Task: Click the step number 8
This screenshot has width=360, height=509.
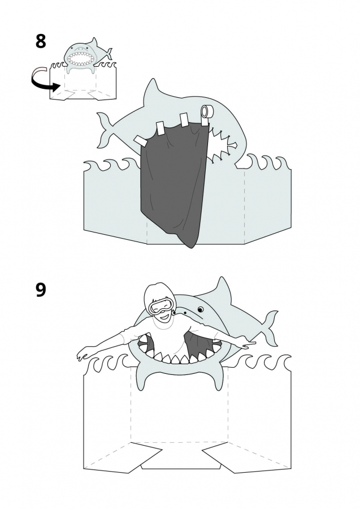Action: point(41,41)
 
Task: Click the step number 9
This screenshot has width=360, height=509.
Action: point(41,290)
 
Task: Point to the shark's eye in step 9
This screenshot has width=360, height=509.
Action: point(201,309)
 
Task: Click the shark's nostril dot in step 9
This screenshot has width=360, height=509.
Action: point(185,312)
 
